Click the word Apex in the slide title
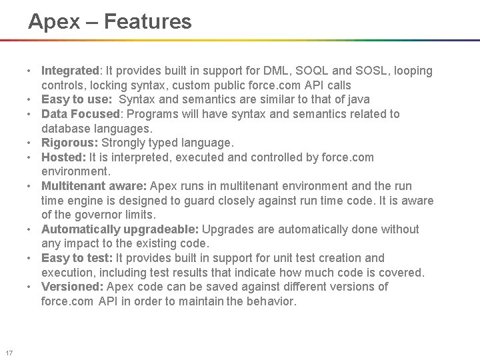[x=53, y=22]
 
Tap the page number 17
[x=9, y=353]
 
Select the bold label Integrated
[x=69, y=71]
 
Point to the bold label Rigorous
[x=69, y=143]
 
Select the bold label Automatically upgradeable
[x=120, y=229]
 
